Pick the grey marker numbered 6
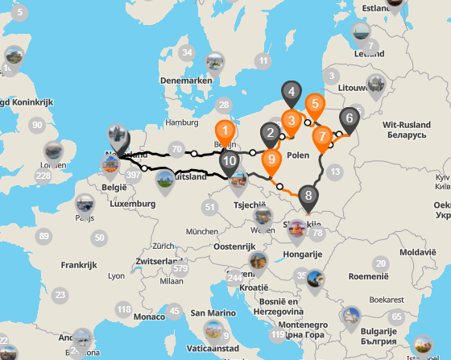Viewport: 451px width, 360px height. pos(349,118)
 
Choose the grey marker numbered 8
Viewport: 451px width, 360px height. pos(307,196)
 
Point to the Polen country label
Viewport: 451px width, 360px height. pos(297,155)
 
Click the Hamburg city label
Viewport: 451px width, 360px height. pos(181,122)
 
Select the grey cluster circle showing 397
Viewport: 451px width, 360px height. pos(133,175)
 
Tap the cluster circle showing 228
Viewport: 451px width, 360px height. pos(43,176)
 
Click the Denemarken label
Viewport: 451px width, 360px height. pos(186,81)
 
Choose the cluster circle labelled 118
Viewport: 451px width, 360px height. pos(123,309)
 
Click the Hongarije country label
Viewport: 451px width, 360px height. pos(302,254)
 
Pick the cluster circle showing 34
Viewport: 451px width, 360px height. pos(188,53)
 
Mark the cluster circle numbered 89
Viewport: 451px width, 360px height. pos(43,236)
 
